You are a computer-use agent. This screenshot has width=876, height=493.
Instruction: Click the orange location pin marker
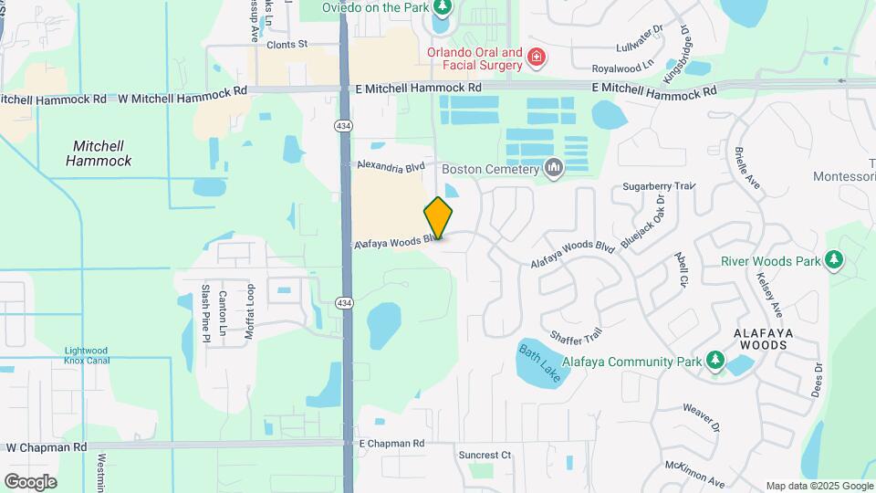439,217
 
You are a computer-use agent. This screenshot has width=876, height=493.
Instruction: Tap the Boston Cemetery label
491,168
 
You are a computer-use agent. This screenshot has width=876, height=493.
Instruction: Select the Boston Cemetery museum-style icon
553,168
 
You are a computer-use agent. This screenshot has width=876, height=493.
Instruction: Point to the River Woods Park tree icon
833,260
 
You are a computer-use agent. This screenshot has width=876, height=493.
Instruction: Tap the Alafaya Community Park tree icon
715,362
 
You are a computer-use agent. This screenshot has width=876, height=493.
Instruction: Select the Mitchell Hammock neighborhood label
99,153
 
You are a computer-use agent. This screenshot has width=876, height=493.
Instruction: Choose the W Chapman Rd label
46,447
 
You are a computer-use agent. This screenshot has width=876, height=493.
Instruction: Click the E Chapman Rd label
391,444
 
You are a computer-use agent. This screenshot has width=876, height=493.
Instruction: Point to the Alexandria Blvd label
391,167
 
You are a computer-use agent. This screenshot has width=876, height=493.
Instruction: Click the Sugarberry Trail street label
658,186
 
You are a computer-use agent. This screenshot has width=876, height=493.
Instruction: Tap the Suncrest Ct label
485,455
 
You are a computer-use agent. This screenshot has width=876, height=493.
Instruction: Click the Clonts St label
288,43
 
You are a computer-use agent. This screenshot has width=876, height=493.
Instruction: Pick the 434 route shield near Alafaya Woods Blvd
344,303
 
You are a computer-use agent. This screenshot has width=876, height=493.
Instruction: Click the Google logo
30,481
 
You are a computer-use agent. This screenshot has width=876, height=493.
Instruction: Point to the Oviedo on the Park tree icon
443,8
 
